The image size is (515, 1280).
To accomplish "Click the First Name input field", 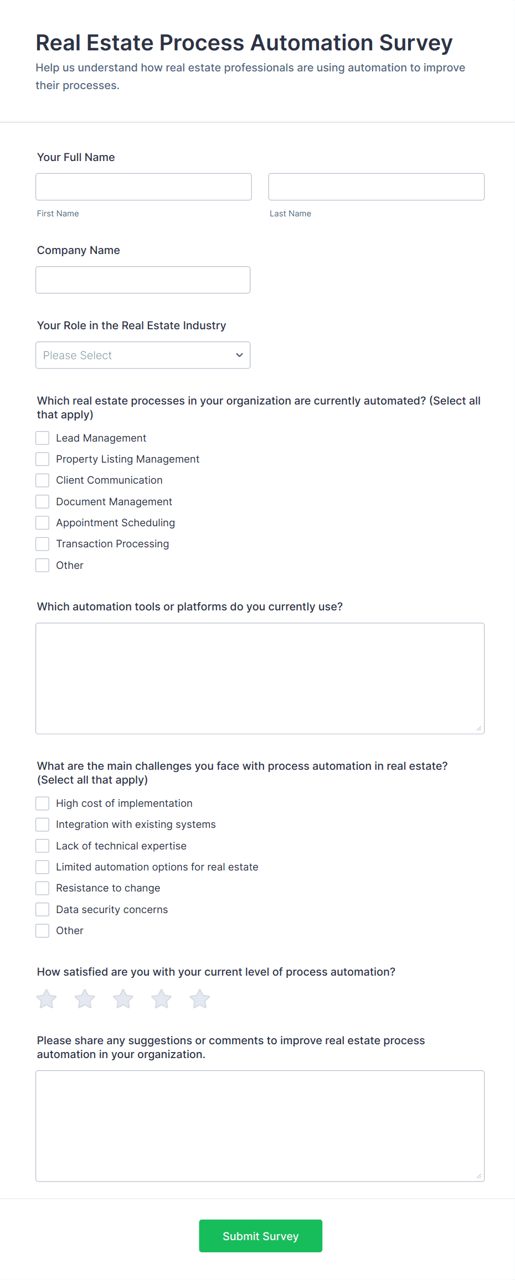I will tap(143, 187).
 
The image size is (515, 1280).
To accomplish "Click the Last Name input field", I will tap(376, 187).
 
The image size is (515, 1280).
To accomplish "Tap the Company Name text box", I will tap(143, 280).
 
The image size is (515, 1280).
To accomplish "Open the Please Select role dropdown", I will tap(143, 355).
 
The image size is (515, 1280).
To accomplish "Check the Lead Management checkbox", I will tap(43, 438).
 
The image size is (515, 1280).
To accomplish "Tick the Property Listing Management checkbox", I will tap(43, 459).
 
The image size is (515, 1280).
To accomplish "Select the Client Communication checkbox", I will tap(43, 480).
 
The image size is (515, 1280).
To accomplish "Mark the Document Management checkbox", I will tap(43, 502).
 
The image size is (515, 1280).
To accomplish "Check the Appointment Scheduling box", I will tap(43, 523).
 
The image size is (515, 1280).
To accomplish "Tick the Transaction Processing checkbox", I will tap(43, 544).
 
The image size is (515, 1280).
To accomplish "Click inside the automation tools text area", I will tap(260, 678).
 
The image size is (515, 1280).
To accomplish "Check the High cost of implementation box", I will tap(43, 804).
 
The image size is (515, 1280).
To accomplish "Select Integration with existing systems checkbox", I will tap(43, 825).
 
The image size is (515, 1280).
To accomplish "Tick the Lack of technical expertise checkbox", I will tap(43, 846).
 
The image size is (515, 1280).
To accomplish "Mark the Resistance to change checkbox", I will tap(43, 888).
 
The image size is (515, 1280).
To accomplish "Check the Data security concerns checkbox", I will tap(43, 910).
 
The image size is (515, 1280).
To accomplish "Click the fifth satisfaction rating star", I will tap(200, 999).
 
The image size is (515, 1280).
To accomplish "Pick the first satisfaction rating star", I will tap(47, 999).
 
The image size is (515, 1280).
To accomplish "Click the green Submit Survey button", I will tap(260, 1236).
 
